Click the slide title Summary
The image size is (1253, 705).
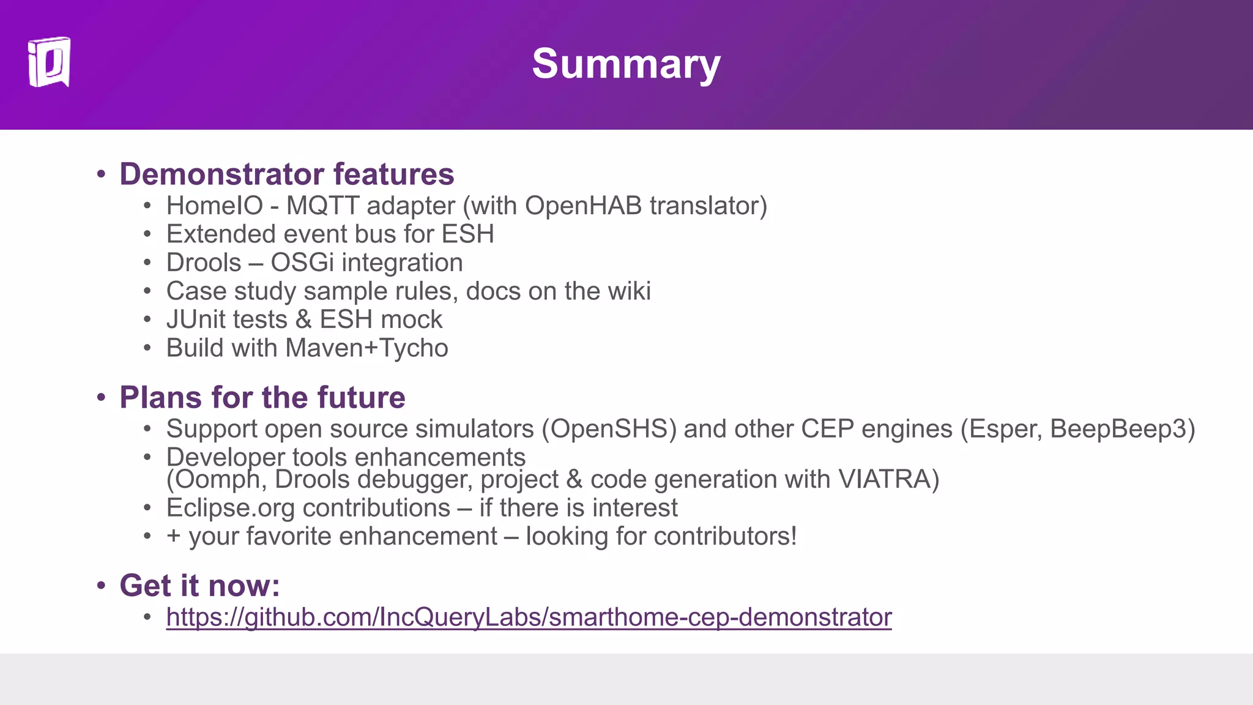(x=626, y=64)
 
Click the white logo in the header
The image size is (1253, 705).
(x=49, y=62)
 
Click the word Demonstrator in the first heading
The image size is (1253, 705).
(x=221, y=174)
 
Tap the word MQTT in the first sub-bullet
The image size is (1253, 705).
(x=322, y=206)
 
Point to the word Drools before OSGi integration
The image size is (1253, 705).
(x=204, y=263)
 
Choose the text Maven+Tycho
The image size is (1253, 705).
(x=366, y=348)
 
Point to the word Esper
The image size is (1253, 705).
(x=1004, y=429)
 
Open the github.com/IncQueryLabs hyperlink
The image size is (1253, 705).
(x=529, y=617)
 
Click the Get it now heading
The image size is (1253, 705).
(x=199, y=585)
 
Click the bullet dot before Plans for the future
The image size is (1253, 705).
(x=102, y=398)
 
